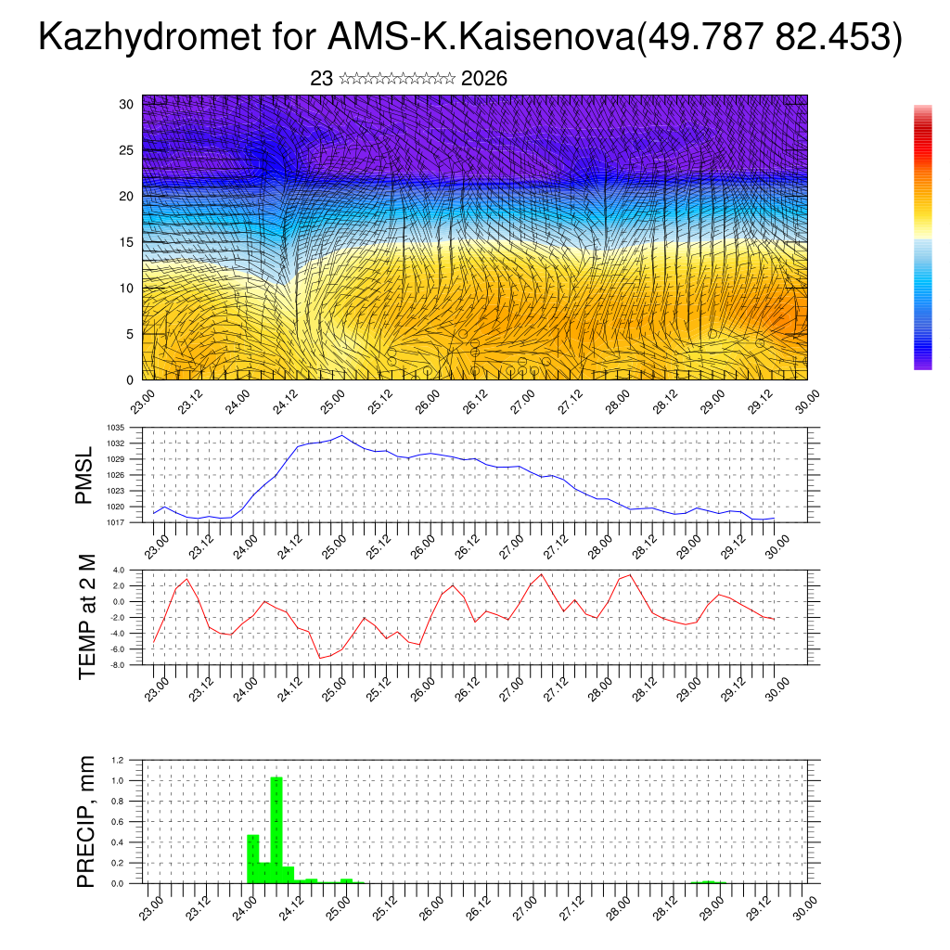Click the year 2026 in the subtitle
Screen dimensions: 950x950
[x=483, y=79]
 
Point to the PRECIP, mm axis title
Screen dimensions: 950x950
[x=87, y=821]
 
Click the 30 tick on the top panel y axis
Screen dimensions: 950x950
[x=127, y=104]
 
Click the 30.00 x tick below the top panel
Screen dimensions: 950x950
[x=805, y=400]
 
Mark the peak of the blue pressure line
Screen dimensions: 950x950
[x=342, y=435]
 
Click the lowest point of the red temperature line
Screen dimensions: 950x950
[x=321, y=658]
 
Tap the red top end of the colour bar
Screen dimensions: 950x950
[x=922, y=111]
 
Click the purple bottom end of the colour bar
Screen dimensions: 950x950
[x=922, y=365]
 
